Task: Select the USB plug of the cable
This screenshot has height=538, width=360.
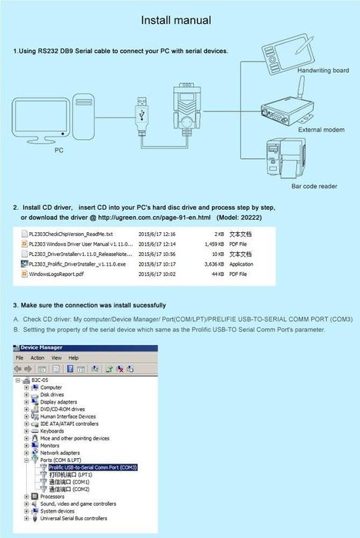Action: tap(144, 106)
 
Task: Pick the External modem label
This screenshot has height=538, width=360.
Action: tap(320, 130)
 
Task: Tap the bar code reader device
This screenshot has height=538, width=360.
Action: tap(285, 157)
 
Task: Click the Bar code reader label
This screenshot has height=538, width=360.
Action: tap(314, 186)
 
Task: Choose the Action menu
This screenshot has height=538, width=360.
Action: tap(38, 358)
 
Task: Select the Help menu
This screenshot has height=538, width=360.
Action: tap(73, 358)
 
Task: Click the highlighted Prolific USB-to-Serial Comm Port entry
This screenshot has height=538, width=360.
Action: tap(92, 467)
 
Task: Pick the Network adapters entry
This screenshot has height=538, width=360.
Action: tap(60, 453)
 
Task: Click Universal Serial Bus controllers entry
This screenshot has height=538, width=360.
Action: tap(74, 519)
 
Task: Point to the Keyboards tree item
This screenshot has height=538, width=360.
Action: tap(52, 431)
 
